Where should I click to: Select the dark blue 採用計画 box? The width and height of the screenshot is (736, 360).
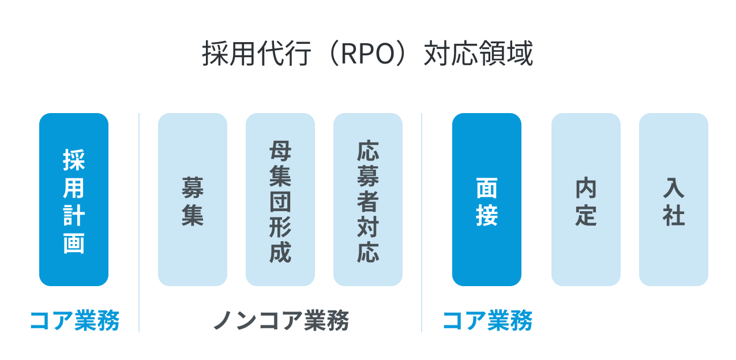[74, 199]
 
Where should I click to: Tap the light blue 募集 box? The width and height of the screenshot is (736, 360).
[193, 199]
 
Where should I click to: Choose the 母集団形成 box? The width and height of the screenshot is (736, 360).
[280, 199]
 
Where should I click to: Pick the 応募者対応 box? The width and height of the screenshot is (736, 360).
[368, 199]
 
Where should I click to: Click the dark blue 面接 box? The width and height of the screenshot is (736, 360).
[487, 199]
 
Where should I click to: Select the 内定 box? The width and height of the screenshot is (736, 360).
[586, 199]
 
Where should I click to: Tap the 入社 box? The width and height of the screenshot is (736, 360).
[674, 199]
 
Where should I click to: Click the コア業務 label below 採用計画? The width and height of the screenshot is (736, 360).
[74, 321]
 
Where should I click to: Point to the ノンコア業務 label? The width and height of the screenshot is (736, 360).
[281, 321]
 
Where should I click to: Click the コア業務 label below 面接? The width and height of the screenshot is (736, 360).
[487, 321]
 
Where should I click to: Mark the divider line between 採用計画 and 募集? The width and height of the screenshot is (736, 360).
[139, 222]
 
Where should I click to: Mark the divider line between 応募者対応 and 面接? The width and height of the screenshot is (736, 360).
[422, 222]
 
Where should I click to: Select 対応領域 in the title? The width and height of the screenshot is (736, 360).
[478, 55]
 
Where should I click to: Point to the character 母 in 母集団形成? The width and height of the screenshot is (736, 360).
[280, 152]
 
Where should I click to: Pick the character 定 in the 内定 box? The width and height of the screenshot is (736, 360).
[586, 216]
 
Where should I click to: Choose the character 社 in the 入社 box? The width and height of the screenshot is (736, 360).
[674, 216]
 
